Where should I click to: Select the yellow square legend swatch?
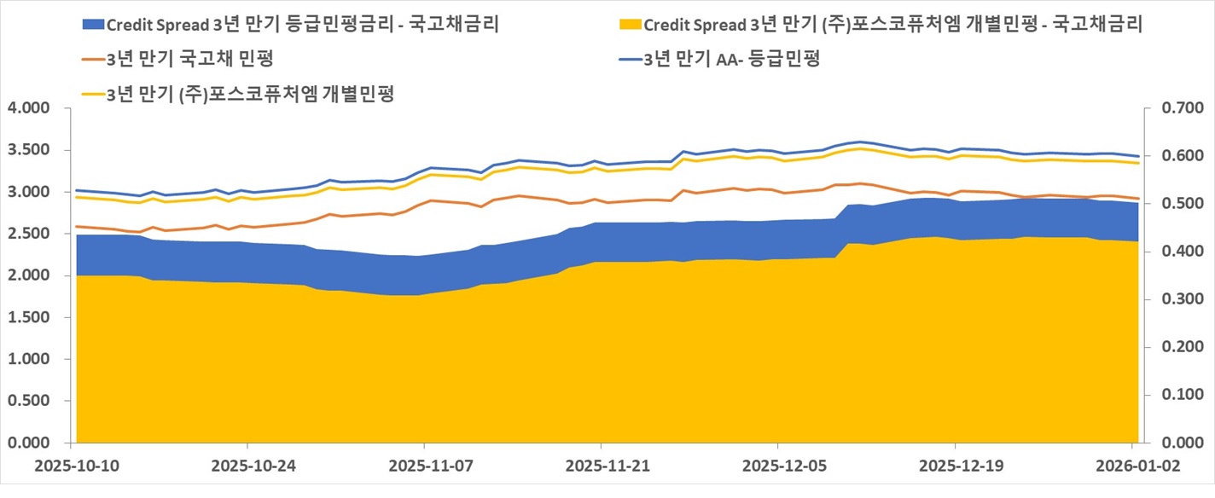pos(631,24)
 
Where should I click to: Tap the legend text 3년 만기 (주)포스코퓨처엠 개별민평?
pos(250,94)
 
